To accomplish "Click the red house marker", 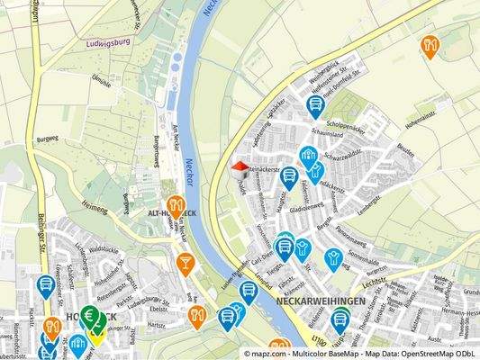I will [240, 168].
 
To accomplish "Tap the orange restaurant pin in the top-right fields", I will [430, 45].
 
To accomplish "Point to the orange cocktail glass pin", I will [186, 262].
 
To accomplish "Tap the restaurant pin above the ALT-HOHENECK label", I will [176, 205].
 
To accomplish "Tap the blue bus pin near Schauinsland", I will [314, 106].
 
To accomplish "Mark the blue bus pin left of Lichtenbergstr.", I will [44, 287].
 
